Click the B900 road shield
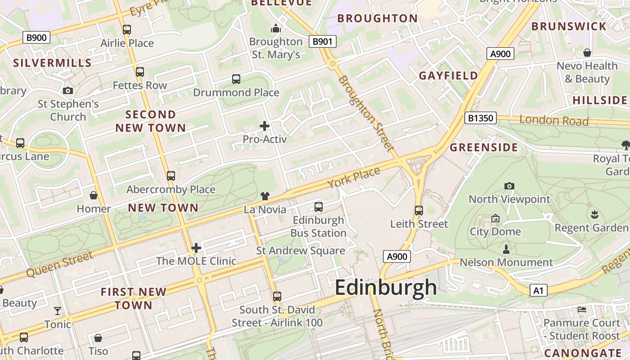[x=36, y=37]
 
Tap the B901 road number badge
[x=323, y=41]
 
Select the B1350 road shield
[x=480, y=118]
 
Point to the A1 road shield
[x=538, y=291]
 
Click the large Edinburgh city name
[x=386, y=288]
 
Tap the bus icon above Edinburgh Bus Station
[x=319, y=207]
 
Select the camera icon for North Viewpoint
[x=509, y=186]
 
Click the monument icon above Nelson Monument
[x=506, y=249]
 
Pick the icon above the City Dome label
[x=495, y=218]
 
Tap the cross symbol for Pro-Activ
[x=265, y=126]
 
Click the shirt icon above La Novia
[x=265, y=196]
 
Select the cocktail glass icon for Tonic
[x=58, y=311]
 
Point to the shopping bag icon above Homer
[x=94, y=195]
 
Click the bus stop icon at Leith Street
[x=419, y=210]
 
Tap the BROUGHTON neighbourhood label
[x=378, y=18]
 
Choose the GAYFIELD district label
[x=448, y=76]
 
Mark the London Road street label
[x=554, y=121]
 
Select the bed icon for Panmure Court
[x=581, y=310]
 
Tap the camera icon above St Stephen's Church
[x=68, y=91]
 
